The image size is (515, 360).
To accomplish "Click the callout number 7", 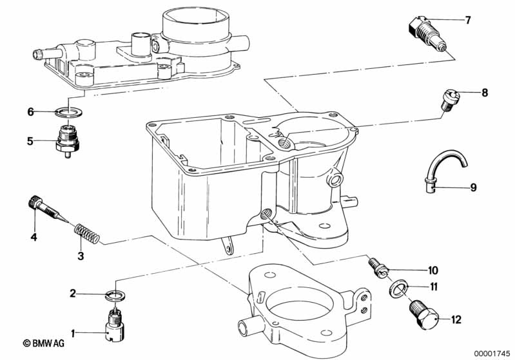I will [468, 20].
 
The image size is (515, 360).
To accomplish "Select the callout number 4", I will [33, 237].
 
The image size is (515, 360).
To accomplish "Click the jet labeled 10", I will [378, 267].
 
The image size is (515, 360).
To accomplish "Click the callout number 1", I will [73, 333].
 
